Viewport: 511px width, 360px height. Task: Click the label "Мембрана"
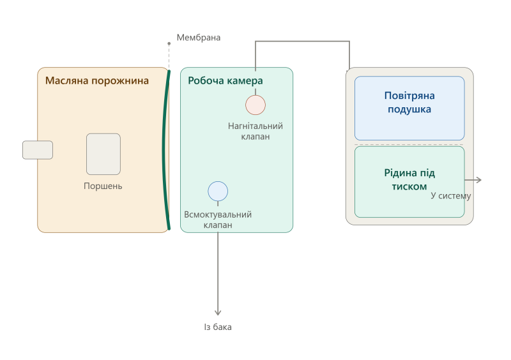tap(199, 38)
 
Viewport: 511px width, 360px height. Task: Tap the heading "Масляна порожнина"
tap(97, 80)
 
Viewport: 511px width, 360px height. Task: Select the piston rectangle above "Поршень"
tap(103, 154)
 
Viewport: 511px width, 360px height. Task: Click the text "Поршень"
tap(103, 186)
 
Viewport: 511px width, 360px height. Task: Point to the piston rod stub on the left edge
tap(38, 150)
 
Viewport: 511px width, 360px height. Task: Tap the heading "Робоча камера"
tap(225, 80)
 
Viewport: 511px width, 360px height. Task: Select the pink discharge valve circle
tap(256, 105)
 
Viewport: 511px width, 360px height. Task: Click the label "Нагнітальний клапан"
tap(255, 131)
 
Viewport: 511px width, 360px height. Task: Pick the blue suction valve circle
tap(218, 191)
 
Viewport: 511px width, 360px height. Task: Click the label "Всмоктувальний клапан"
tap(218, 220)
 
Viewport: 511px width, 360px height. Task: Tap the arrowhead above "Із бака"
tap(218, 313)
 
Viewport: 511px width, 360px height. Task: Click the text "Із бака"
tap(218, 327)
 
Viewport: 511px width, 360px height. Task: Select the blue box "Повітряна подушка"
tap(409, 108)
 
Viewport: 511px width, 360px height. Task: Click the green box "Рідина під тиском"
tap(409, 182)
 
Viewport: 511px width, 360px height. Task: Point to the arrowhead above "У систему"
tap(478, 180)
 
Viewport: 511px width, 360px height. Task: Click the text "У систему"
tap(451, 195)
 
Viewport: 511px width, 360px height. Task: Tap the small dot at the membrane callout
tap(169, 43)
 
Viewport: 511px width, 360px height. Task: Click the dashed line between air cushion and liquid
tap(409, 145)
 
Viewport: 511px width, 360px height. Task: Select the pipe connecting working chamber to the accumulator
tap(302, 41)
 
